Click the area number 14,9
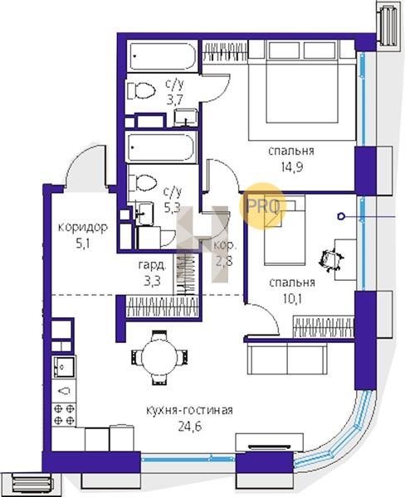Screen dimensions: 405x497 pos(291,167)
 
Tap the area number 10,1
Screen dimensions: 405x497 pos(291,298)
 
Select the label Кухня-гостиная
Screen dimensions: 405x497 pos(189,411)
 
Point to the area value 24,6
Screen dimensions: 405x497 pos(190,427)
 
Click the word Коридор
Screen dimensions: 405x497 pos(83,228)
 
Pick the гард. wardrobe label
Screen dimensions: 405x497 pos(152,266)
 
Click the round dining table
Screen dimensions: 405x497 pos(159,357)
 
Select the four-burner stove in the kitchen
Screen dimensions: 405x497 pos(64,415)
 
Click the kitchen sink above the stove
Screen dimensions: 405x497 pos(64,367)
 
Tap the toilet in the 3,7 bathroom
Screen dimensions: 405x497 pos(142,91)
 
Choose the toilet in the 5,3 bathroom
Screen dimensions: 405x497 pos(143,183)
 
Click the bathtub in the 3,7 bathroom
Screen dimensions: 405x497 pos(163,56)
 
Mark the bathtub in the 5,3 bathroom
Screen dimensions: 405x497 pos(163,147)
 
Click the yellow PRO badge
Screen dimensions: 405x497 pos(263,206)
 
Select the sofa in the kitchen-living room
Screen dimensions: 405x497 pos(287,359)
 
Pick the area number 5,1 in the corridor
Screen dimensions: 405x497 pos(83,244)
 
